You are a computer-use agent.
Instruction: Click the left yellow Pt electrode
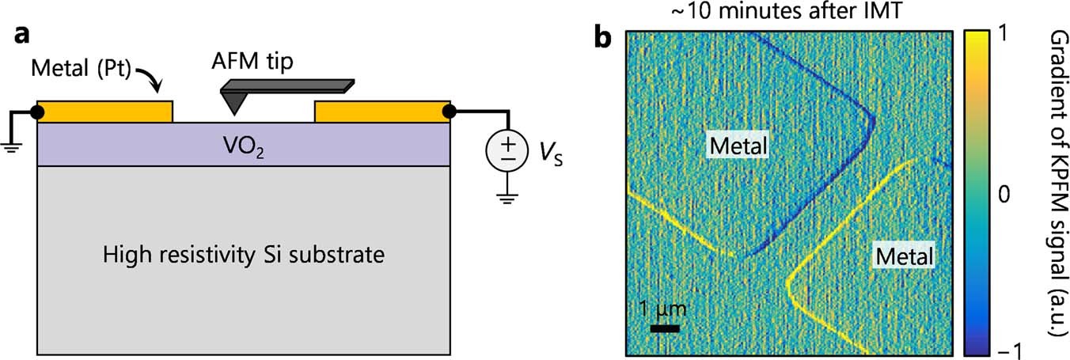104,112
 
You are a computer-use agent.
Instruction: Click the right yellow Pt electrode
381,112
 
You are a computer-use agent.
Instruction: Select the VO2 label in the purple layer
244,146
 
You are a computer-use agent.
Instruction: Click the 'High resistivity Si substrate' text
244,256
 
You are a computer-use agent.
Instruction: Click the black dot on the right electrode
450,112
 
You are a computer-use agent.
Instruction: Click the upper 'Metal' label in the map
739,146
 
